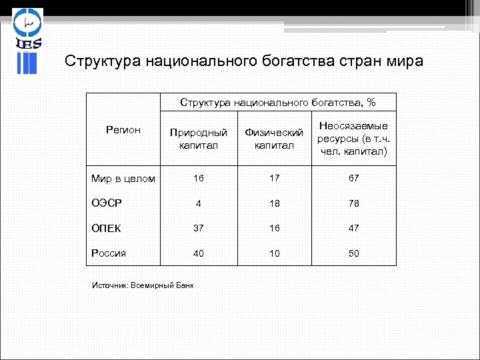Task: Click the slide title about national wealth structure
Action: coord(243,61)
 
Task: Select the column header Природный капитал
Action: coord(198,139)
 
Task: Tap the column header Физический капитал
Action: coord(274,139)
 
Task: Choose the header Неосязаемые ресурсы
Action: coord(353,139)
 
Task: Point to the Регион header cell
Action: coord(123,130)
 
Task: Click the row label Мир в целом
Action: coord(123,179)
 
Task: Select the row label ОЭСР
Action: coord(107,203)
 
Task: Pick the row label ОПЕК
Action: coord(106,228)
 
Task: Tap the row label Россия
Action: coord(108,253)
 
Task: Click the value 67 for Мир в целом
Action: coord(353,179)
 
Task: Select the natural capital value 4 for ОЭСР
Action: coord(199,203)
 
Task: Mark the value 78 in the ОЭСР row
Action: coord(353,203)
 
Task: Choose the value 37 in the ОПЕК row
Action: coord(199,228)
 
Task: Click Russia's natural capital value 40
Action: coord(199,253)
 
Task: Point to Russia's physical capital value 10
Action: coord(274,253)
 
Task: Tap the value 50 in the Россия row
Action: coord(353,253)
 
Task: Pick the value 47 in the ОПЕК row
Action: coord(353,228)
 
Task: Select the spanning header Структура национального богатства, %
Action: coord(277,103)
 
